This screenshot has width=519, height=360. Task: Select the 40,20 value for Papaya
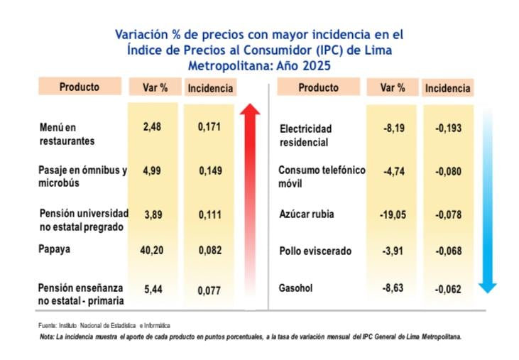point(153,250)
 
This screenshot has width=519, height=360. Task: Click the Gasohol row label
point(296,289)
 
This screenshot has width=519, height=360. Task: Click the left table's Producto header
point(80,87)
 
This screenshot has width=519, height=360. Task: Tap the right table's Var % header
point(393,87)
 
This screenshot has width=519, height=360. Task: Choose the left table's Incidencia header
point(209,89)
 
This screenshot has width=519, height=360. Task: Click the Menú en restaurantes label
point(67,134)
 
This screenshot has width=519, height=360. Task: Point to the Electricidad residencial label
point(306,135)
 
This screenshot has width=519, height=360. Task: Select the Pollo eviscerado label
point(315,251)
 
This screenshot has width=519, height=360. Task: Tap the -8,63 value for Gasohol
point(393,289)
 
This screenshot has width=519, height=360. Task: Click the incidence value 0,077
point(209,290)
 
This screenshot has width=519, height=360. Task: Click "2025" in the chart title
point(317,65)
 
